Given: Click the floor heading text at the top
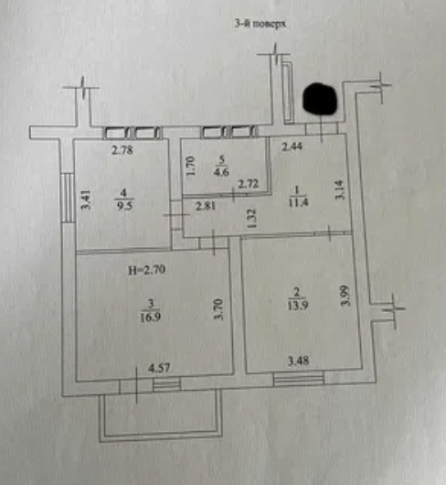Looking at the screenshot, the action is click(260, 24).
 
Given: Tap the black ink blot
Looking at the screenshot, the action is click(320, 98).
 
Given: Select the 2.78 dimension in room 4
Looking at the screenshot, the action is click(122, 150).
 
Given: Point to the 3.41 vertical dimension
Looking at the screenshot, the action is click(86, 199).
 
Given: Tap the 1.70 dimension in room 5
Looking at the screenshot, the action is click(191, 166).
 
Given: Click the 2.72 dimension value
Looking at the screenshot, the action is click(249, 184).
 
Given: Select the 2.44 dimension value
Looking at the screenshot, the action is click(292, 146).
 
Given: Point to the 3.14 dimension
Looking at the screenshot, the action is click(339, 190).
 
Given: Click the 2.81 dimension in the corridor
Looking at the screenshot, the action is click(206, 206).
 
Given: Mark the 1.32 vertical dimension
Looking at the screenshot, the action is click(252, 219).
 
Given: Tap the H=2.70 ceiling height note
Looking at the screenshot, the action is click(147, 270).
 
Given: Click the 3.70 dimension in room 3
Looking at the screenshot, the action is click(218, 309).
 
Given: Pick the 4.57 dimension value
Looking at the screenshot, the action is click(159, 368).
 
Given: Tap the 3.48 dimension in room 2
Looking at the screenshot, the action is click(298, 361).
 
